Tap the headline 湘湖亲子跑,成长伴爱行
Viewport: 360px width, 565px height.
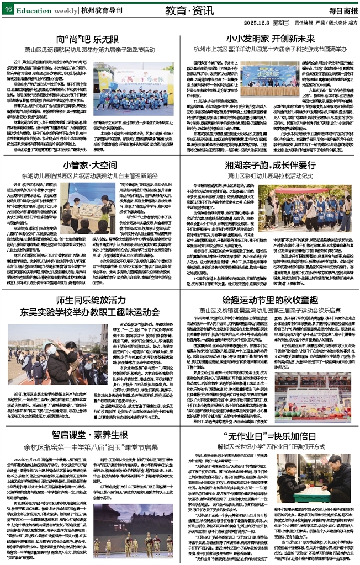click(270, 164)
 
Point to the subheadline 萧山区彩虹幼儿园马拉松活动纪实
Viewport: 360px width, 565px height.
click(270, 175)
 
